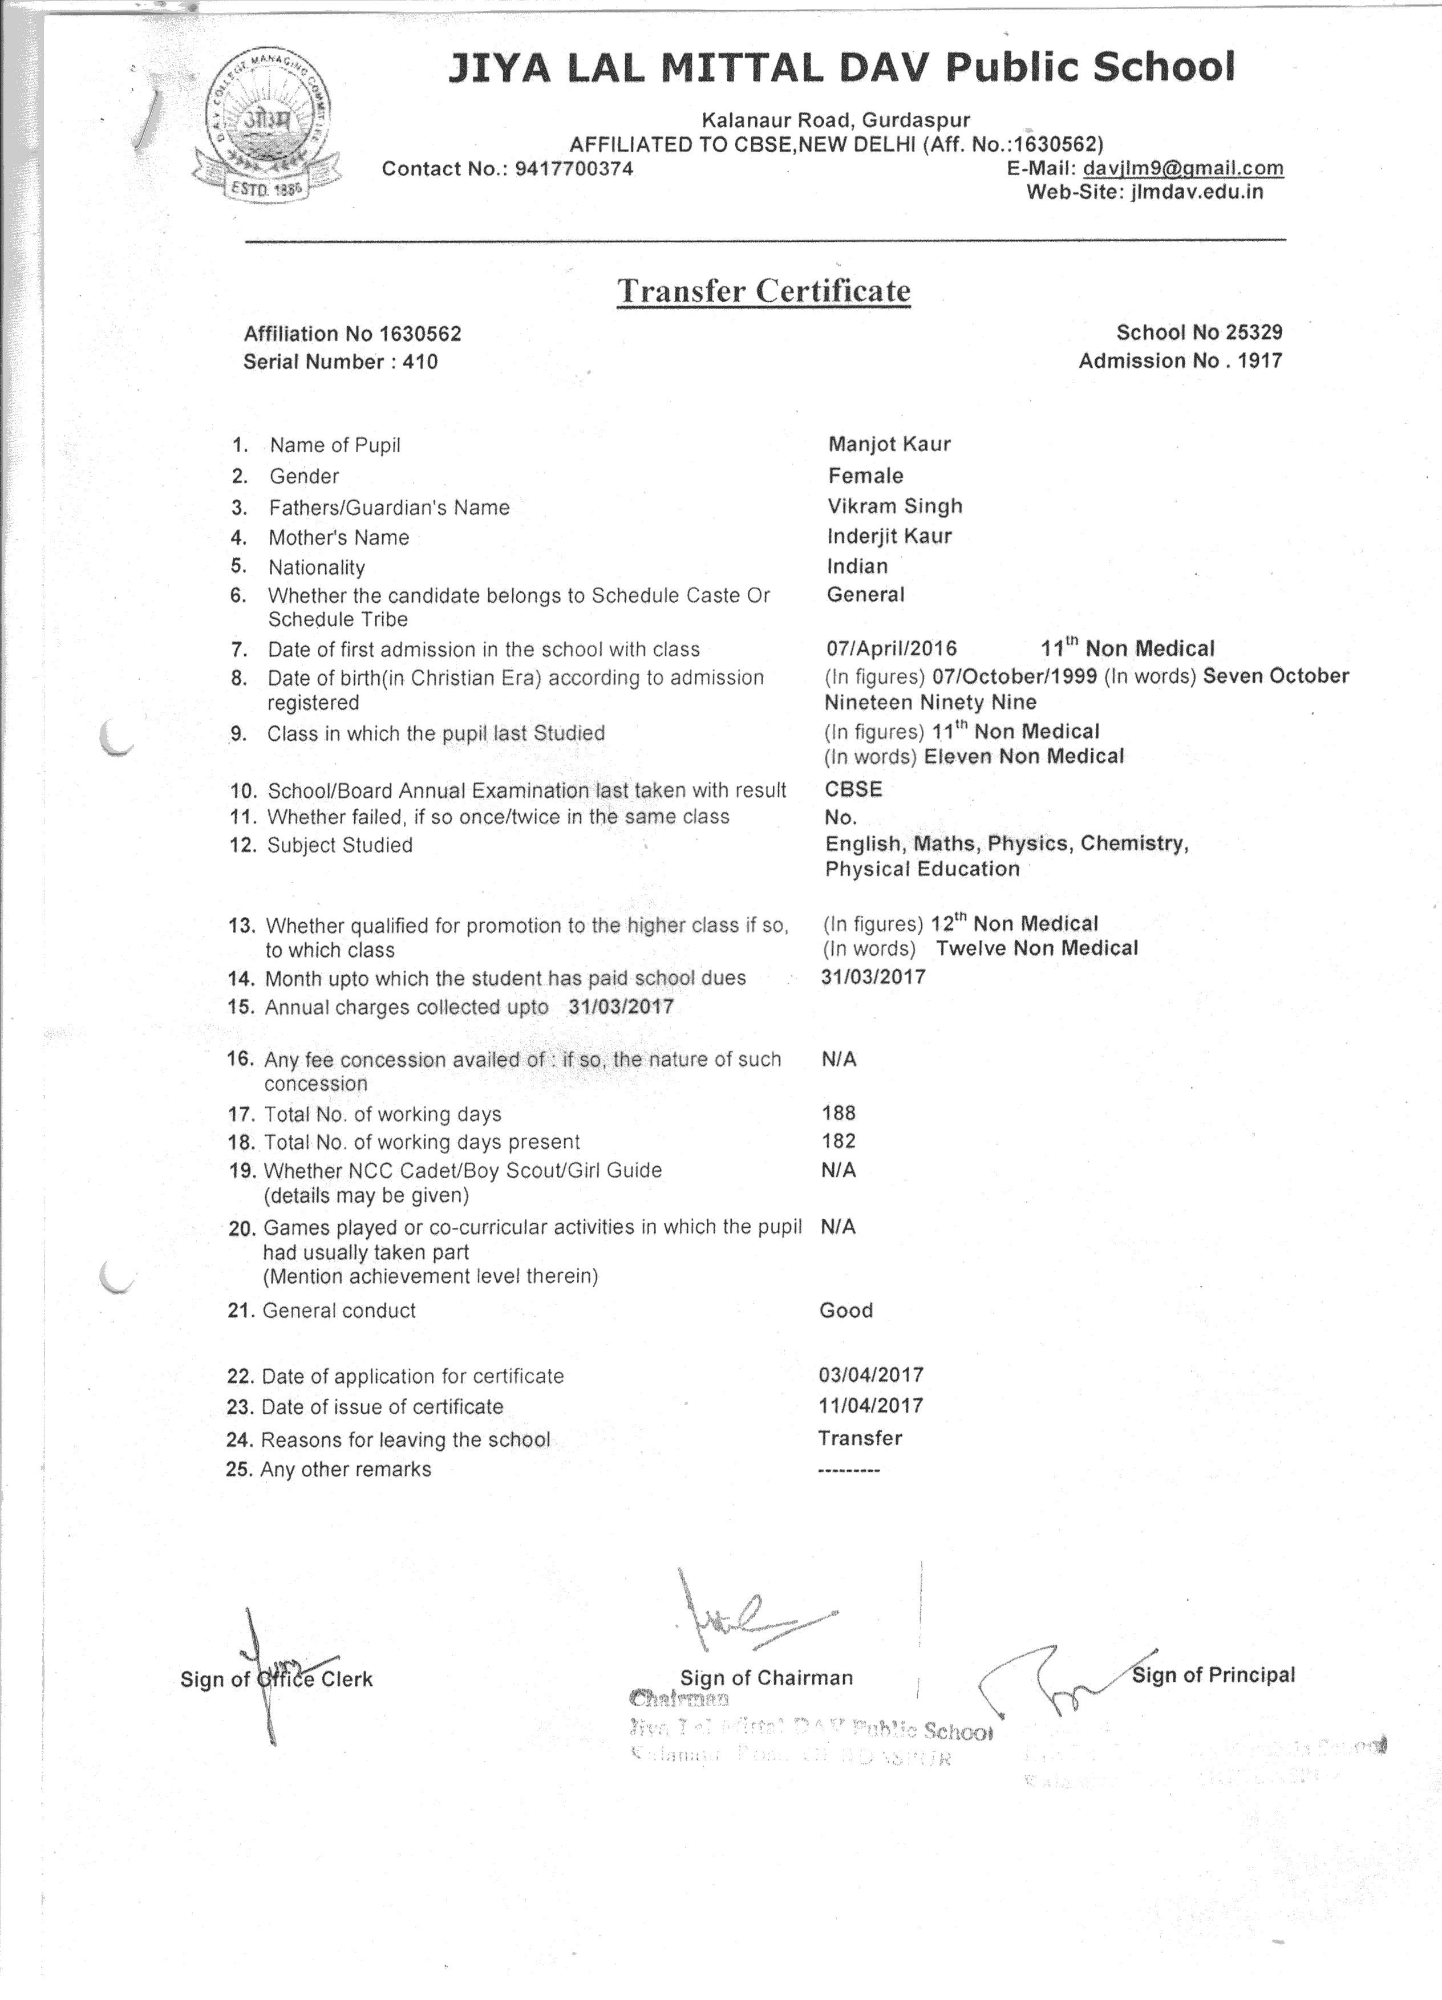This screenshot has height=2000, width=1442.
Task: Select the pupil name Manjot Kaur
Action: [889, 444]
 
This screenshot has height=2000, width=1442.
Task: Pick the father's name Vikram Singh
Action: [894, 506]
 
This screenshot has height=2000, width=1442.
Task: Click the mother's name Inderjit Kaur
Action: [889, 536]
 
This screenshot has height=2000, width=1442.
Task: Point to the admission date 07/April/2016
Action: [891, 649]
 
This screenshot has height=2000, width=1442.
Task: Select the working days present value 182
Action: [838, 1141]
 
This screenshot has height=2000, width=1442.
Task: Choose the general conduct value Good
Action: [846, 1311]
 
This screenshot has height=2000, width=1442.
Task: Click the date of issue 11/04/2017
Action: [870, 1406]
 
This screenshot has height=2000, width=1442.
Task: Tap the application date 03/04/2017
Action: [870, 1375]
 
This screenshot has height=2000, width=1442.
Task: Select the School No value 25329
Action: [1253, 332]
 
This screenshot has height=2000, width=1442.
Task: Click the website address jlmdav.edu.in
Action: [1196, 192]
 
